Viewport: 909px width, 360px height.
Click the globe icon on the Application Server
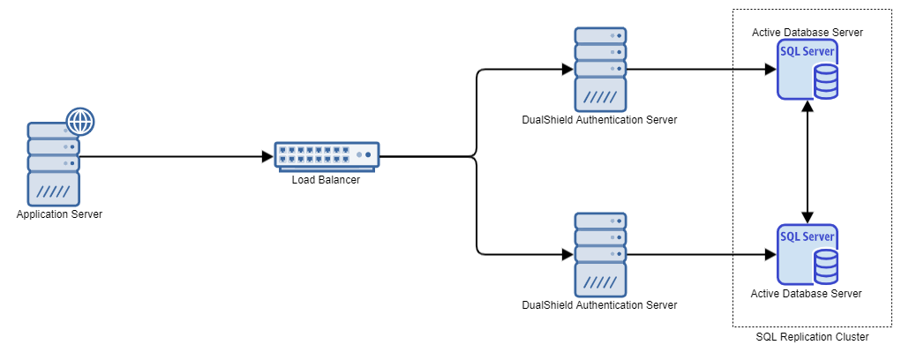click(80, 121)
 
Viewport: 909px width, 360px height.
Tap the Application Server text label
click(59, 214)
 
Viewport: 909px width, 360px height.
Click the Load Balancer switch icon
click(327, 156)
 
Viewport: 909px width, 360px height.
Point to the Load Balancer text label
click(327, 180)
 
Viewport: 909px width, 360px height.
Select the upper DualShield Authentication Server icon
click(600, 67)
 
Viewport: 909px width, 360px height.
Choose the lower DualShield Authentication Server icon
click(600, 253)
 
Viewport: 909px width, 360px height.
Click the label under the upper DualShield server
click(600, 120)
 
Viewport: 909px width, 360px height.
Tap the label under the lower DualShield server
click(600, 305)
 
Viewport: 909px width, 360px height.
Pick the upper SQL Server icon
click(807, 71)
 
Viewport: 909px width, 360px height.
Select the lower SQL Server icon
click(807, 256)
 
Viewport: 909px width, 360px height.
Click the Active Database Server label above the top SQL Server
click(807, 33)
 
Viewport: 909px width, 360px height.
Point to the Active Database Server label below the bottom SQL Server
click(807, 293)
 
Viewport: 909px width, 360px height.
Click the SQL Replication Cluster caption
click(813, 337)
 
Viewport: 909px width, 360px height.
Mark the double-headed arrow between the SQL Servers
click(807, 162)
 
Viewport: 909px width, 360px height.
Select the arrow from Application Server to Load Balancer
click(177, 157)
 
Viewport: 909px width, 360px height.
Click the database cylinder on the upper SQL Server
click(825, 82)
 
